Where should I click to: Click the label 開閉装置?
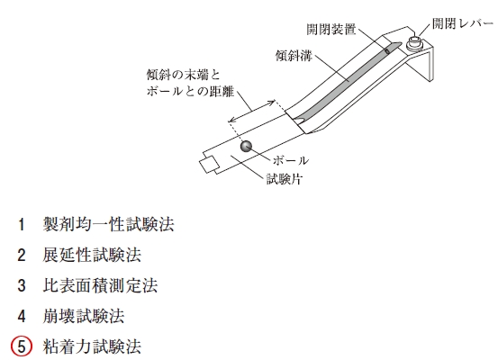pos(330,30)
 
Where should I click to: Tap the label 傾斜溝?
pos(294,56)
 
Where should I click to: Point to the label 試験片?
pos(284,179)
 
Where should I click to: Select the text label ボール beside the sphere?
pos(291,160)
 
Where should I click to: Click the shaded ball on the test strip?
pos(246,147)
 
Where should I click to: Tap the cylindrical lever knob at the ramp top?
pos(415,43)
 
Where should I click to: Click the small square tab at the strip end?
pos(209,165)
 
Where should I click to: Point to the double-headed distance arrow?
pos(252,111)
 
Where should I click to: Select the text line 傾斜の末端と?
pos(183,75)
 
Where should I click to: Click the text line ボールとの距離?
pos(190,91)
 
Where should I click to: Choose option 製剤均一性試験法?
pos(108,224)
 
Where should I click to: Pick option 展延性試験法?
pos(92,255)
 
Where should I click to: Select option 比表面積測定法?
pos(100,285)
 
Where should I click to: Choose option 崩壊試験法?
pos(84,316)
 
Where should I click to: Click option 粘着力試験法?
pos(92,346)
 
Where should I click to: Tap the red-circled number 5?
pos(22,346)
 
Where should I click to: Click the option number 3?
pos(22,285)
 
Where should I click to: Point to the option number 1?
pos(22,224)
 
